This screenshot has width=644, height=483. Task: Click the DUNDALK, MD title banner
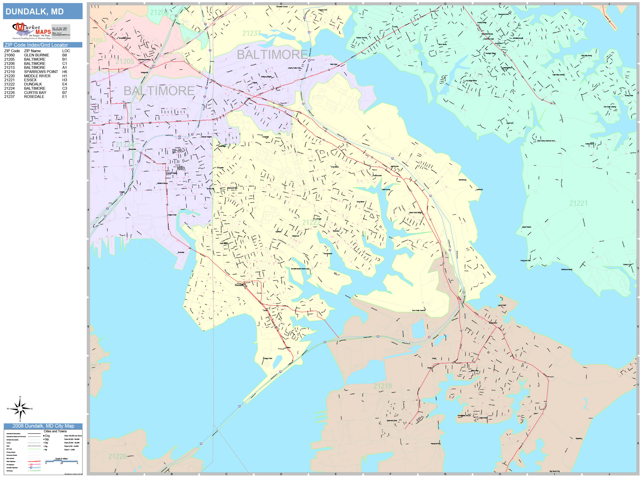click(x=42, y=11)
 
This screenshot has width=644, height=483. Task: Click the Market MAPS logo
click(x=32, y=31)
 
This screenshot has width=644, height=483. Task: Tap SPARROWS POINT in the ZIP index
click(x=41, y=72)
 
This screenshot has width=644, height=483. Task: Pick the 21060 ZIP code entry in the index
click(x=9, y=55)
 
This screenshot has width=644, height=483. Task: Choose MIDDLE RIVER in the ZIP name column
click(x=37, y=76)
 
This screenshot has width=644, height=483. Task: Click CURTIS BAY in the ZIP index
click(x=35, y=93)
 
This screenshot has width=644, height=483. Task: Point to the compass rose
click(x=20, y=409)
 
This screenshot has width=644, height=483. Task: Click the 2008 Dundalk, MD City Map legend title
click(x=43, y=426)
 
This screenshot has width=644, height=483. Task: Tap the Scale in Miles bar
click(x=61, y=461)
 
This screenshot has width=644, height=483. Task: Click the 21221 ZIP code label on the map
click(x=578, y=203)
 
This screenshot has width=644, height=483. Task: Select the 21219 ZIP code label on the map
click(x=383, y=386)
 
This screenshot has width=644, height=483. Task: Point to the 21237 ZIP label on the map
click(x=251, y=34)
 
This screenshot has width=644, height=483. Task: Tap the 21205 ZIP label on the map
click(x=125, y=61)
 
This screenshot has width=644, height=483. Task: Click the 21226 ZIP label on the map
click(x=117, y=456)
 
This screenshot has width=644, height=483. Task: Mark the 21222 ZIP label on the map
click(x=311, y=223)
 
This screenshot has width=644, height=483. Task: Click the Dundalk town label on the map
click(x=239, y=285)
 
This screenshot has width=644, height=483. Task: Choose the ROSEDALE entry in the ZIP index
click(x=34, y=97)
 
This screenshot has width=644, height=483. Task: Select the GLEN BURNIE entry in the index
click(x=36, y=55)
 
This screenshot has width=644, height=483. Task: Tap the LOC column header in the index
click(x=66, y=51)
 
